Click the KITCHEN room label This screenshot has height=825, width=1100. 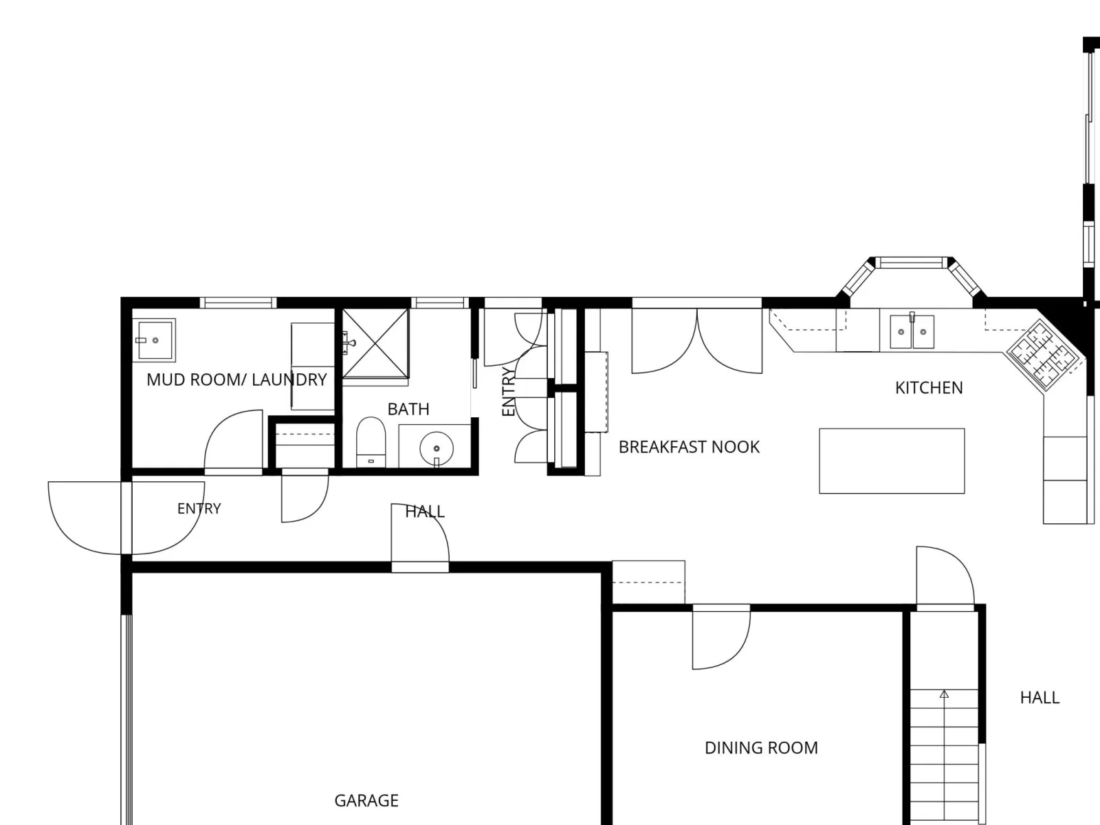coord(929,388)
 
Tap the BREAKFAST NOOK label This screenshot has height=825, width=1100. coord(689,447)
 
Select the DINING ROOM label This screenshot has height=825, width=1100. coord(761,748)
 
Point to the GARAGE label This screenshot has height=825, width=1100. coord(366,800)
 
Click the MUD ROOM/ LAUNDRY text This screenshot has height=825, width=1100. coord(236,379)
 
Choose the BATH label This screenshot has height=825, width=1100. coord(408,409)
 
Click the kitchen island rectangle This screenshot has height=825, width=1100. coord(892,461)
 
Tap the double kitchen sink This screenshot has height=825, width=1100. coord(912,331)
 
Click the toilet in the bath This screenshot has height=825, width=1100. coord(371,442)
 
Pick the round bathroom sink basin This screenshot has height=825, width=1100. coord(437,448)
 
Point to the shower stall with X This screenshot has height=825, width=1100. coord(375,343)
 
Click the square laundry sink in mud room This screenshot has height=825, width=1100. coord(155,340)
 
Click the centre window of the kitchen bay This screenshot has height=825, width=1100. coord(910,263)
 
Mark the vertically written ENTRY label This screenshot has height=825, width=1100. coord(508,392)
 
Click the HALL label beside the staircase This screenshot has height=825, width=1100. coord(1040,698)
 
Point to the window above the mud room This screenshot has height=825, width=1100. coord(238,302)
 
